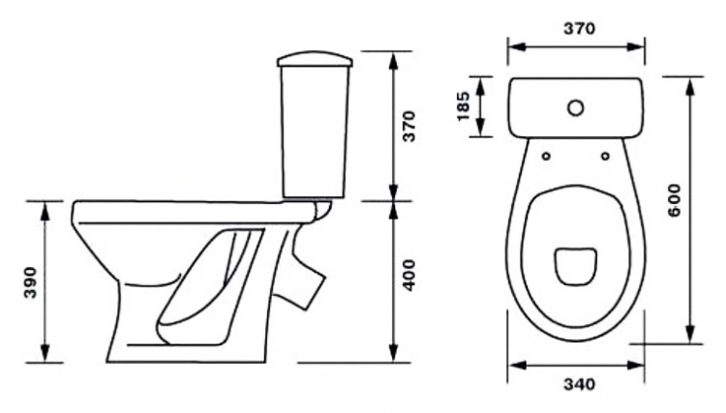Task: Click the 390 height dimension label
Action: (x=31, y=282)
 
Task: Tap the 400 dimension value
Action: (x=408, y=276)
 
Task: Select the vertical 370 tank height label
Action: (x=409, y=127)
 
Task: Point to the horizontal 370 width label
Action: (x=579, y=29)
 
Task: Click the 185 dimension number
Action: (x=464, y=106)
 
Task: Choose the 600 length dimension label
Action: (x=675, y=200)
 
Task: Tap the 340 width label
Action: (x=579, y=384)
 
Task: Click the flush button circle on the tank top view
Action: (x=576, y=108)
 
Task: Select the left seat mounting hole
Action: (x=546, y=157)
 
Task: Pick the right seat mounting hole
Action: (x=605, y=157)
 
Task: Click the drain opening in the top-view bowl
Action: (x=575, y=266)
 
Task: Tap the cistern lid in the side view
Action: (x=316, y=60)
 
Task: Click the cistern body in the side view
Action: (x=316, y=132)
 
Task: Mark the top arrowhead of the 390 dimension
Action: (x=45, y=210)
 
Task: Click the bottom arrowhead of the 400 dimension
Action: (x=394, y=353)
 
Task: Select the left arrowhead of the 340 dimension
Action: (x=518, y=366)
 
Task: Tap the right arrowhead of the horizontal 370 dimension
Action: (x=635, y=46)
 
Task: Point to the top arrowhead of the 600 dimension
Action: (x=691, y=86)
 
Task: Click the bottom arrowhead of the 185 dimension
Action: (x=480, y=127)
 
